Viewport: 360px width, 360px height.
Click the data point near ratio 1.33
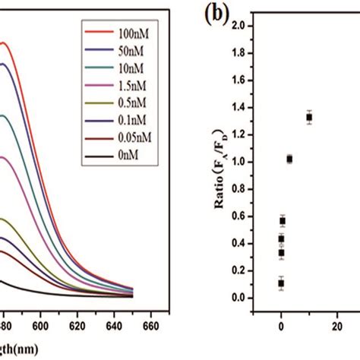point(309,117)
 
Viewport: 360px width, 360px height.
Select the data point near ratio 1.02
point(289,159)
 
